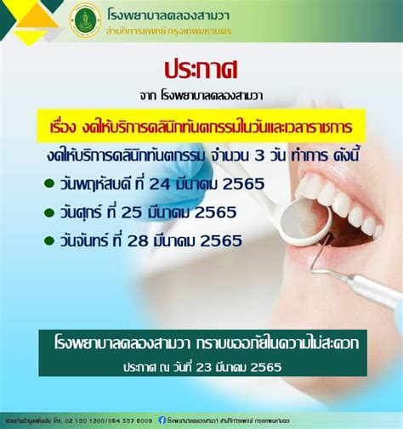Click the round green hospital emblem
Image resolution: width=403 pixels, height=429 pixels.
coord(85,20)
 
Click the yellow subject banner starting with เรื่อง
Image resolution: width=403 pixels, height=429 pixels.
coord(201,126)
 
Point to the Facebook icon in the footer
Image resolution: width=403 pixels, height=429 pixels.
coord(160,420)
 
